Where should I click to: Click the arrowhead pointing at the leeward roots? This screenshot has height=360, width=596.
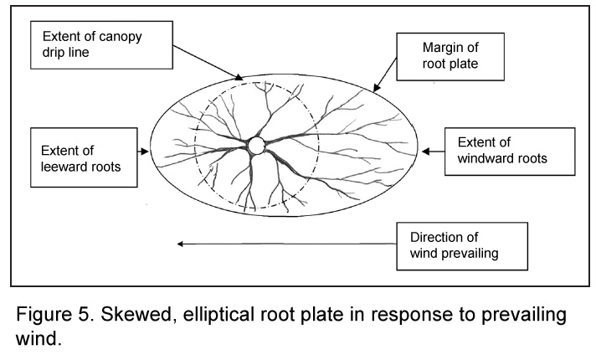click(x=148, y=152)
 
